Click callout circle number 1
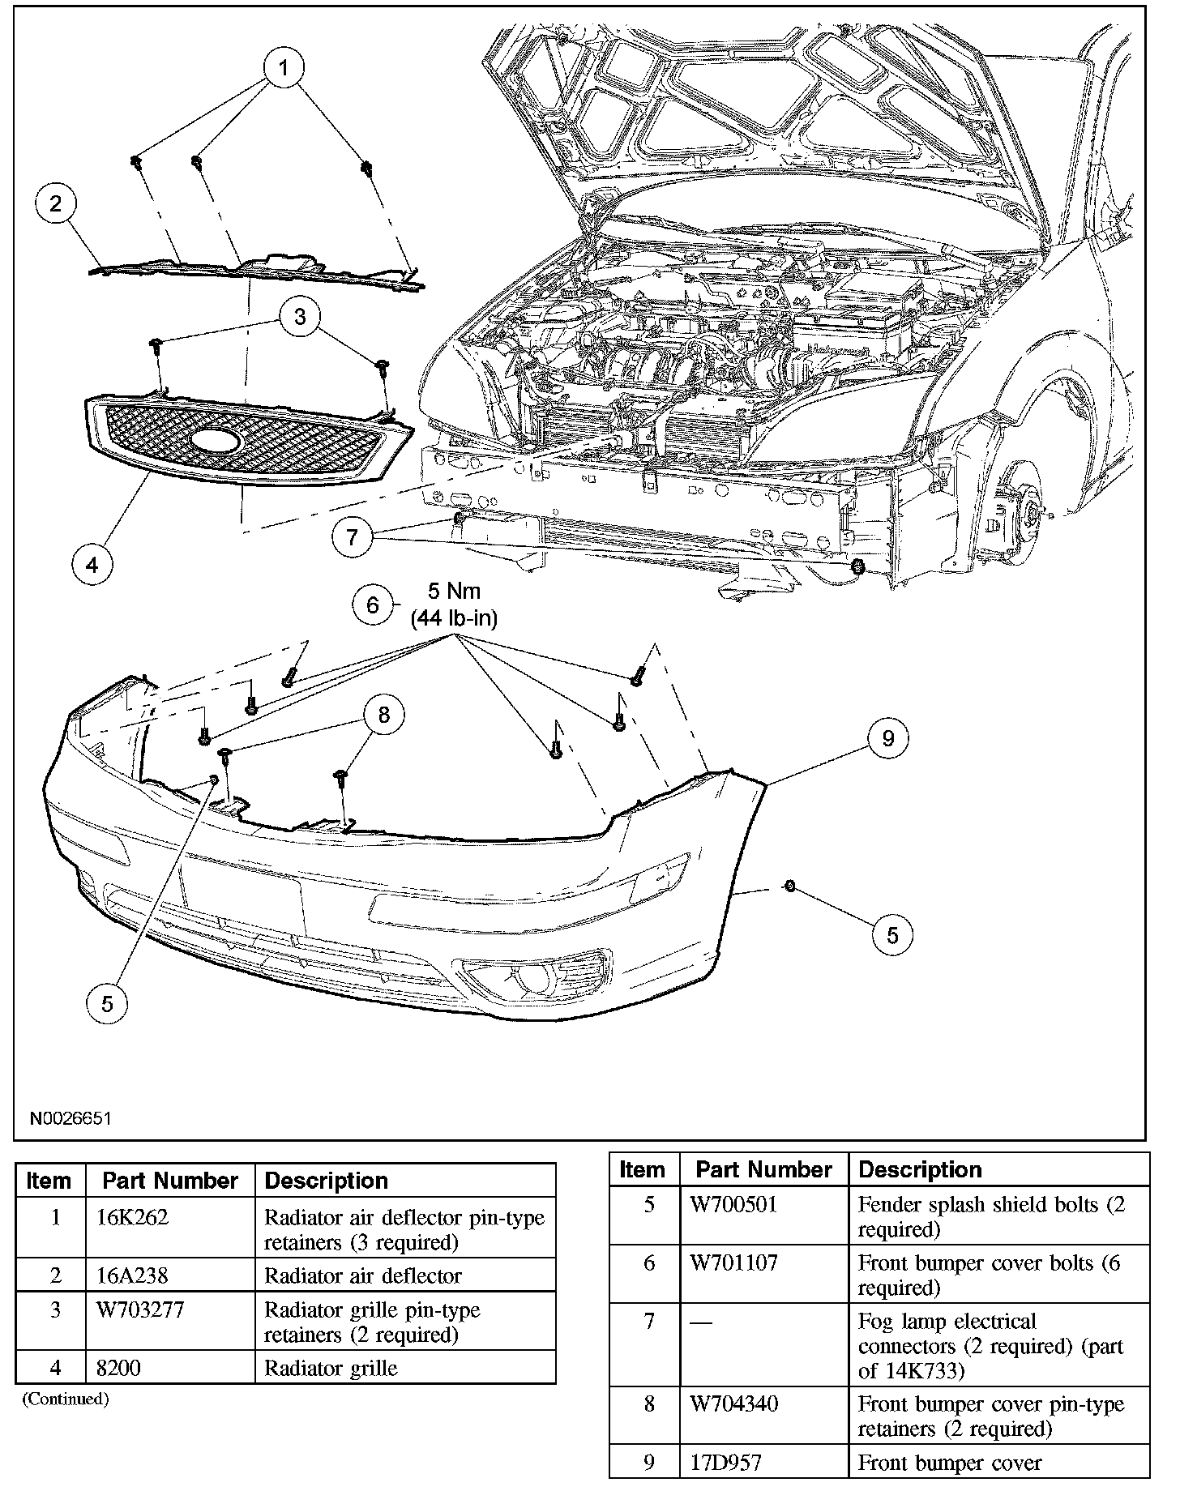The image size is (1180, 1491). click(282, 69)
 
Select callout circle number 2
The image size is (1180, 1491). click(56, 203)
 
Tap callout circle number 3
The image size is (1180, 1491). click(300, 316)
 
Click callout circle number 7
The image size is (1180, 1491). click(353, 537)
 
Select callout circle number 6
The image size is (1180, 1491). click(373, 605)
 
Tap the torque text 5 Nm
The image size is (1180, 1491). click(454, 591)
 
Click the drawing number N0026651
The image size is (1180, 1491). click(70, 1118)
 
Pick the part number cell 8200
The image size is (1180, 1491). click(118, 1369)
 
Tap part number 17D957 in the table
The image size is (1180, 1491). click(726, 1463)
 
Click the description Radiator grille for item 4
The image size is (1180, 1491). click(331, 1369)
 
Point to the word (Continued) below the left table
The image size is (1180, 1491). click(65, 1399)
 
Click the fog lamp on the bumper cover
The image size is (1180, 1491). click(534, 982)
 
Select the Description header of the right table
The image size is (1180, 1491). click(920, 1170)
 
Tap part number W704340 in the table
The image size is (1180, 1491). click(733, 1403)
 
